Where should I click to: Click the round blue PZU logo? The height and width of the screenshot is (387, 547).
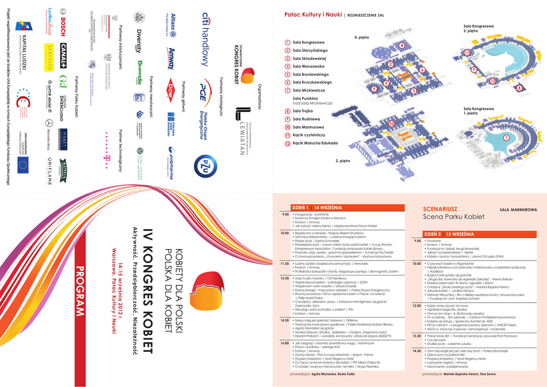click(205, 165)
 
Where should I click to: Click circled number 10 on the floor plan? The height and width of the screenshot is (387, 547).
click(392, 124)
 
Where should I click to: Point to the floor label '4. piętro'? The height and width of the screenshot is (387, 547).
click(362, 38)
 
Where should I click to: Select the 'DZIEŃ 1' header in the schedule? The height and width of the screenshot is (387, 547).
click(300, 207)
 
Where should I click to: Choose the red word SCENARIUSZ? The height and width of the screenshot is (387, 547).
click(440, 209)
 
